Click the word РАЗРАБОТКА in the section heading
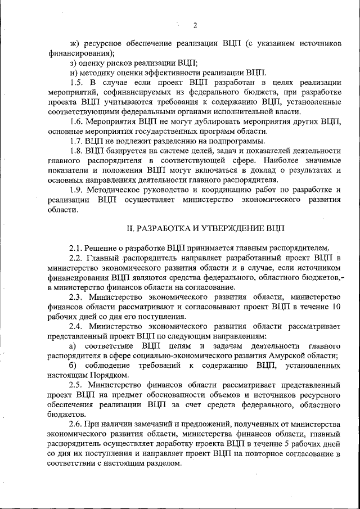point(169,228)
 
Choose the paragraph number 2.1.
point(76,248)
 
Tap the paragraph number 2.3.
point(76,296)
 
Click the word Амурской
point(285,355)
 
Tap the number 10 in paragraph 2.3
point(336,307)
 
